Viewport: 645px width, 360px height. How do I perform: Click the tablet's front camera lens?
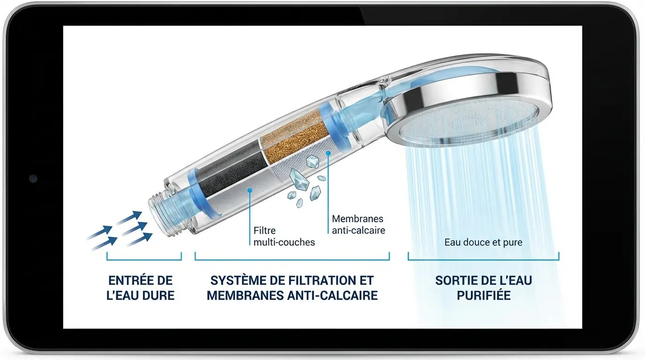coord(33,179)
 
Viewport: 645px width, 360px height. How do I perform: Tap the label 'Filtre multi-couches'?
coord(284,236)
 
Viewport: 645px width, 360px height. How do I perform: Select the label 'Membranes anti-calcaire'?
coord(358,225)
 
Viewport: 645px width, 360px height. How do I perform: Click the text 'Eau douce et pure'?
coord(483,242)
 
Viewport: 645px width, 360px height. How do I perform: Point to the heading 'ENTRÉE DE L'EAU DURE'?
coord(141,288)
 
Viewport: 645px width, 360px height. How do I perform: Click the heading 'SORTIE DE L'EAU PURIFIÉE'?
coord(483,288)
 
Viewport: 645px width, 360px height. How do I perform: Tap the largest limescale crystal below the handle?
coord(300,179)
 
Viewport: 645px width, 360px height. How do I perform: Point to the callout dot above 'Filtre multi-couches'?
coord(250,190)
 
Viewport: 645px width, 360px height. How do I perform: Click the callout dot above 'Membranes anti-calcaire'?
coord(328,153)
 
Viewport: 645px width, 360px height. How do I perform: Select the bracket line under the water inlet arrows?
coord(144,260)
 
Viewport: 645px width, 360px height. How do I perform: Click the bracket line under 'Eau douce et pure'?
coord(483,260)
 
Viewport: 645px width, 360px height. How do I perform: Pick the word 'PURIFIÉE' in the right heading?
coord(484,295)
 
